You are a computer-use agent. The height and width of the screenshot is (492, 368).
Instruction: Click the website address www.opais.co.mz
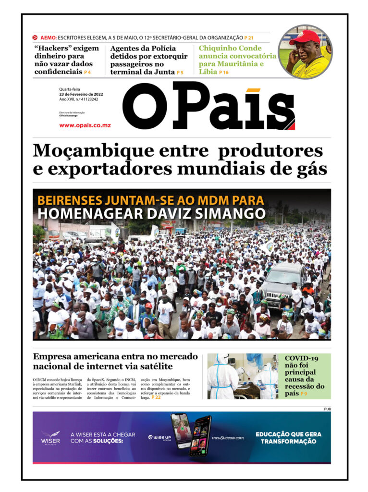point(85,125)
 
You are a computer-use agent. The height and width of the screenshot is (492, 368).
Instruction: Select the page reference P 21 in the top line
point(249,37)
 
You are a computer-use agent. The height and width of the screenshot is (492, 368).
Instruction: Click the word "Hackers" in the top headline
point(52,49)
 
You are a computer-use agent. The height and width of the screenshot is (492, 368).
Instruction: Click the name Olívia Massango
point(68,116)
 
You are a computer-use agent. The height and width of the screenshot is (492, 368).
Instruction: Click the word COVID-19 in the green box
point(301,358)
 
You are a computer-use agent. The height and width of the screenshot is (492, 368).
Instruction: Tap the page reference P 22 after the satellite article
point(156,397)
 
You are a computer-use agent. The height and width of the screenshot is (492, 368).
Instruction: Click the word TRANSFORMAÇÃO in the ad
point(288,442)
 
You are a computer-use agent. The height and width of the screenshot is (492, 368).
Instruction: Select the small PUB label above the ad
point(327,409)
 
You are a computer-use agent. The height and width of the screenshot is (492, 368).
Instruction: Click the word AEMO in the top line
point(48,37)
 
